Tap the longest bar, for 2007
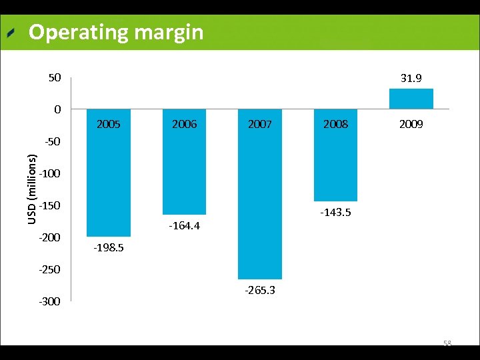(x=260, y=200)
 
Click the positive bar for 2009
(x=411, y=99)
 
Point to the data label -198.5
(x=109, y=248)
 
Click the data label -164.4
(x=185, y=226)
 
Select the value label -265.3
(x=260, y=291)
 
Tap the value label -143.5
(x=335, y=213)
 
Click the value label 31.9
(x=411, y=79)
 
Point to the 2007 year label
(x=260, y=124)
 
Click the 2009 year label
(x=411, y=124)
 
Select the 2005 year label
(x=109, y=124)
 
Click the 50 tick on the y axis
(x=54, y=77)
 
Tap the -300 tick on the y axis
(x=50, y=301)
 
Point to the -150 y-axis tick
(x=50, y=205)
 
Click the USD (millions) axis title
(x=32, y=189)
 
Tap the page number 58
(x=447, y=343)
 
